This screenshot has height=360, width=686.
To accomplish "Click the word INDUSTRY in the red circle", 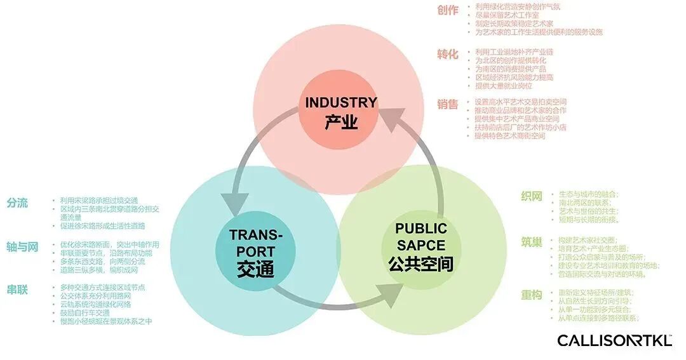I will click(x=341, y=102).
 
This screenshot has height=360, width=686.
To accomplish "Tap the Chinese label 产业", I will click(x=341, y=121).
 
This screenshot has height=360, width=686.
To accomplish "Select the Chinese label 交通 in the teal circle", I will click(x=255, y=269).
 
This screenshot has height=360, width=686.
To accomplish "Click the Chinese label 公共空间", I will click(x=420, y=263).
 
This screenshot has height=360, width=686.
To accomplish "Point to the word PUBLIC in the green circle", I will click(x=420, y=229).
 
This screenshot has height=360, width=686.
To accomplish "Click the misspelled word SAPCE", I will click(x=420, y=244).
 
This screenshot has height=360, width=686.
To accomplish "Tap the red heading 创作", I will click(x=447, y=10).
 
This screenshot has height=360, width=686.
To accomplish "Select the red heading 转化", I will click(x=447, y=54).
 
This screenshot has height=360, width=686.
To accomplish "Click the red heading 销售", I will click(x=447, y=104).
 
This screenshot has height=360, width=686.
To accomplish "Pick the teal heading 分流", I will click(x=18, y=203).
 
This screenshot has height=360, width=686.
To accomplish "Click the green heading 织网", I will click(x=531, y=196).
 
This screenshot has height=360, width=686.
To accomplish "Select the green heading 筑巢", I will click(x=531, y=242).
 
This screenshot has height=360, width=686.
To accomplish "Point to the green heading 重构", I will click(x=531, y=295).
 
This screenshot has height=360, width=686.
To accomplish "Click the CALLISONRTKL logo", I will click(x=614, y=341).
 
